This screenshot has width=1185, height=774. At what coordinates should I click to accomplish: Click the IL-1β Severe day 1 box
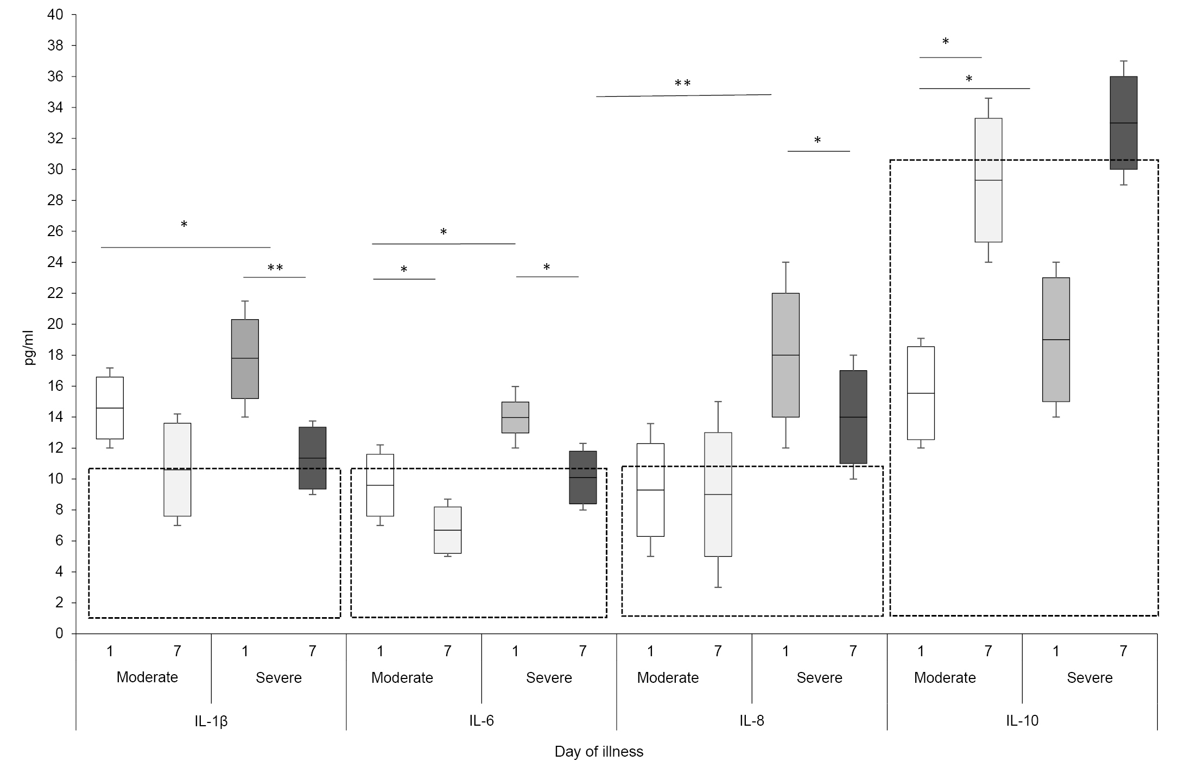point(245,359)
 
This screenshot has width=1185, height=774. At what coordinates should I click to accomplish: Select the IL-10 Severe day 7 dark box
point(1123,123)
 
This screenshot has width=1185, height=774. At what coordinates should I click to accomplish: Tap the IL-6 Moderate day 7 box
point(448,530)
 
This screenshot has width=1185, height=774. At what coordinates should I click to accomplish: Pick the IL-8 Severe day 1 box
point(785,355)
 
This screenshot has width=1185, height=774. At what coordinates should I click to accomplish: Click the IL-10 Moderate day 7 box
point(988,180)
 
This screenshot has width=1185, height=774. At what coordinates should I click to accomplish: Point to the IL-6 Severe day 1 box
point(515,417)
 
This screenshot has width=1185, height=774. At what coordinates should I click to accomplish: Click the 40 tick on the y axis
point(55,15)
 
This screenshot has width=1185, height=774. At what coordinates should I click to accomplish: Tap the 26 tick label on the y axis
point(55,231)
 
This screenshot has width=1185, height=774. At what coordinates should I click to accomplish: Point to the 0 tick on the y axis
point(59,633)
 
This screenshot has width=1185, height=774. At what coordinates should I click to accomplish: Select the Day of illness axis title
point(599,752)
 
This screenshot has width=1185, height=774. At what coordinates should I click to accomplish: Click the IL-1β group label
point(211,721)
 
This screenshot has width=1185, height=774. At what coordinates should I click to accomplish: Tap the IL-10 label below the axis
point(1022,721)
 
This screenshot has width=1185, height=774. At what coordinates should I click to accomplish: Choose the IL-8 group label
point(752,721)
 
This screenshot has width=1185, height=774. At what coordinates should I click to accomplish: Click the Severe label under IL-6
point(549,678)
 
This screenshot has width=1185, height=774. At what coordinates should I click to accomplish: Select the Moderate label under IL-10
point(945,678)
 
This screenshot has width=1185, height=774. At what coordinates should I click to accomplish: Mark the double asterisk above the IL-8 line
point(682,84)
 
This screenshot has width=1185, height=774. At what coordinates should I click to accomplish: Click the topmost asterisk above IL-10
point(946,42)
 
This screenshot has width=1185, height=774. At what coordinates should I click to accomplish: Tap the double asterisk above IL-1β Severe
point(275,268)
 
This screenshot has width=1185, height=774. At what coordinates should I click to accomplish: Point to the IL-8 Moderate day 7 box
point(718,494)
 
